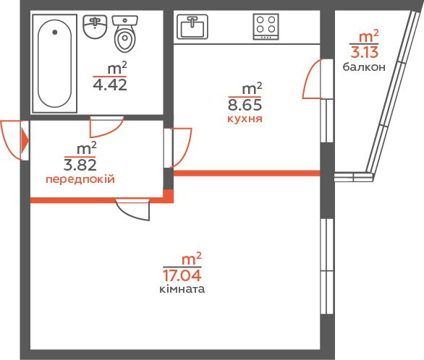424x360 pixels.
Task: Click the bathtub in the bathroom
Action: point(54,64)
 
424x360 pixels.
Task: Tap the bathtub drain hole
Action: point(55,32)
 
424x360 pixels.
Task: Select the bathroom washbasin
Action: point(95,27)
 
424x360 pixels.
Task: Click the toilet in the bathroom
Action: point(125,33)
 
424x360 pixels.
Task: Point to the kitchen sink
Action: point(192,27)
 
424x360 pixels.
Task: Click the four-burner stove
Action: point(266,27)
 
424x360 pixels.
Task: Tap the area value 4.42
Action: point(110,85)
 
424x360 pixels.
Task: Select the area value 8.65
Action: point(245,105)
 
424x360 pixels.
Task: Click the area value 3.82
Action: point(80,165)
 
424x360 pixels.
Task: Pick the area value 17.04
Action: point(182,275)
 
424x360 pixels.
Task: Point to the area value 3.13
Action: point(364,52)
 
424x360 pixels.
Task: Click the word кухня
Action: point(245,119)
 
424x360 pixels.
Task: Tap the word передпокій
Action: point(80,179)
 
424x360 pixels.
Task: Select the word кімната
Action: point(182,289)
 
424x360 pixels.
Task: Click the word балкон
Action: point(364,67)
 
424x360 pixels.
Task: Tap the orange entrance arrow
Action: point(25,140)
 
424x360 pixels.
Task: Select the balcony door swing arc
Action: point(308,78)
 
